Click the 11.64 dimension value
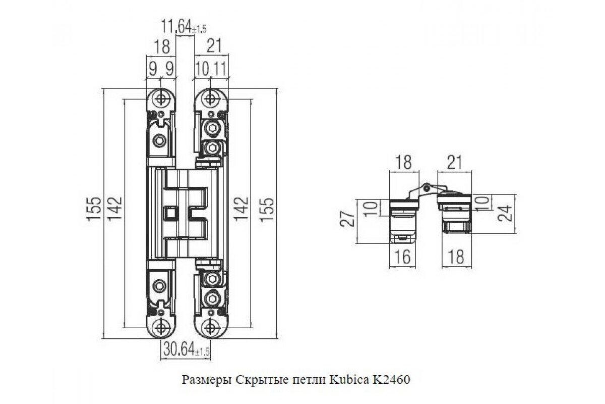coord(176,27)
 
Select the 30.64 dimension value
coord(179,350)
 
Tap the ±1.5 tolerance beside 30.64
coord(203,352)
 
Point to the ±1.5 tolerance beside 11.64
coord(199,29)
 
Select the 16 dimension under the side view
coord(402,257)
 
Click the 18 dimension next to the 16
coord(456,257)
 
